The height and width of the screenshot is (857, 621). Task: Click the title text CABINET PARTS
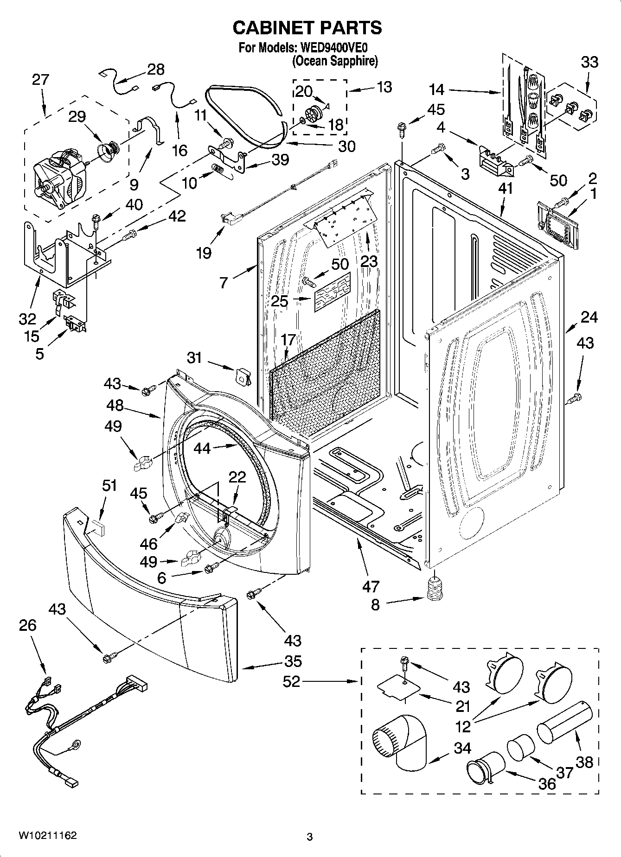coord(307,28)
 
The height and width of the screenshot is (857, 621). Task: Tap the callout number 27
coord(40,79)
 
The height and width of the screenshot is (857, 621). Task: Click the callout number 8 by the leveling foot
coord(375,605)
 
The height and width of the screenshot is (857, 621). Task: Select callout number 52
coord(292,681)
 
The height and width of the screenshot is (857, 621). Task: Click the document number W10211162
coord(48,836)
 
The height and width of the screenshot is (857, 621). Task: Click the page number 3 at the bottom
coord(309,837)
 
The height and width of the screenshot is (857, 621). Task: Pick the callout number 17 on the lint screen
coord(288,340)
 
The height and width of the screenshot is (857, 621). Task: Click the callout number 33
coord(589,62)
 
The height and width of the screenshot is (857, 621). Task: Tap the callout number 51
coord(109,486)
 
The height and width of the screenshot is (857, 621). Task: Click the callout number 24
coord(589,317)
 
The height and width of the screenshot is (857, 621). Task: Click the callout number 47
coord(371,586)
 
